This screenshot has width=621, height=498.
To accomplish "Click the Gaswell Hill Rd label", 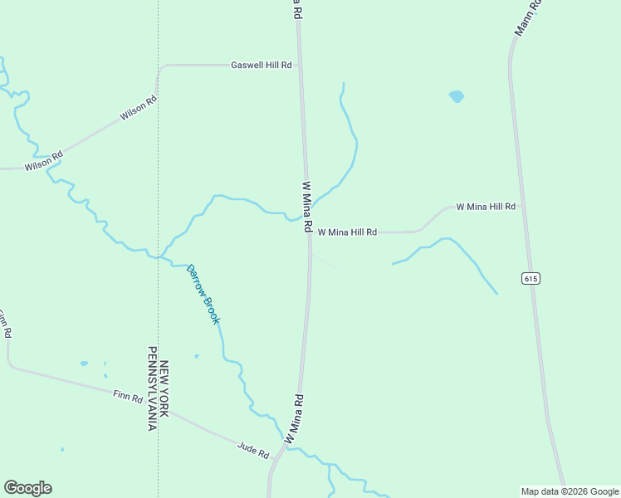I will (x=261, y=65).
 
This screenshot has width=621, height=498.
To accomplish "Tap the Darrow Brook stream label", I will (x=203, y=294).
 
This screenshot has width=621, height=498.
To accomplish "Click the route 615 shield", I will (x=531, y=278).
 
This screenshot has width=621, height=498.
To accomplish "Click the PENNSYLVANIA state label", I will (x=152, y=389).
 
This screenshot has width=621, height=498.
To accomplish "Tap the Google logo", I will (x=27, y=488).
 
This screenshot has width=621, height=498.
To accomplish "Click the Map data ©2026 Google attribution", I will (x=570, y=491).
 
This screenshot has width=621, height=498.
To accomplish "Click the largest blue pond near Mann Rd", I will (x=456, y=96).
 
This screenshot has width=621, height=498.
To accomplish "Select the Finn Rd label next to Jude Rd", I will (x=128, y=397).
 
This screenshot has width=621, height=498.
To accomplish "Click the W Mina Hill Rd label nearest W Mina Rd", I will (x=347, y=232).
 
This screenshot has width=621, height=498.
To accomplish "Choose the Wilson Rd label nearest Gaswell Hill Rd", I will (x=138, y=110).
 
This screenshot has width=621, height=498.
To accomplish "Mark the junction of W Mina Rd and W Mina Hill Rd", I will (x=310, y=233).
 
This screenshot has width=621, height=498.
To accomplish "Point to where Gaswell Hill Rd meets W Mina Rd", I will (x=301, y=65).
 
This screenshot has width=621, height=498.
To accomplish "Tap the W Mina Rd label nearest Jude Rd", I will (x=294, y=418).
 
